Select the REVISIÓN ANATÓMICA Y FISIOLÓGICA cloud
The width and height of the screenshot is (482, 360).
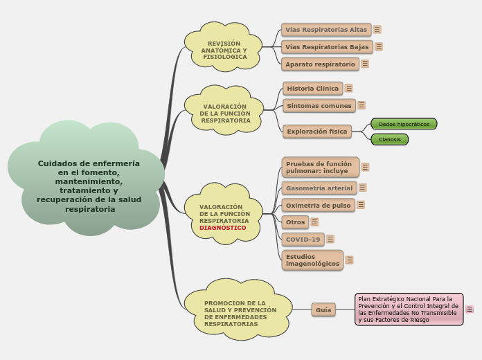pos(224,51)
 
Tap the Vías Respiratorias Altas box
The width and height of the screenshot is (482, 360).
pos(326,30)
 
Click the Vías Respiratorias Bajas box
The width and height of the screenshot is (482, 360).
pos(327,47)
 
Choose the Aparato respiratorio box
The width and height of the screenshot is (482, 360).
pos(320,64)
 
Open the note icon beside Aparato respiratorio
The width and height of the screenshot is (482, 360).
pos(365,64)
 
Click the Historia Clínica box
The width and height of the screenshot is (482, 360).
pos(313,89)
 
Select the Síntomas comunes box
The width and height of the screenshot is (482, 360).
pos(319,106)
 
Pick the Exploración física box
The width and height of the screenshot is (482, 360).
pos(316,131)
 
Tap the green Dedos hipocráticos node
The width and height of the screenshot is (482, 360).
pos(404,124)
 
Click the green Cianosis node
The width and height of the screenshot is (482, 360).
pos(390,140)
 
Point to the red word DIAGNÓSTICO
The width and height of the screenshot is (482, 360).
pos(222,228)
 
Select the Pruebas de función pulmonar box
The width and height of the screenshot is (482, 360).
pos(320,168)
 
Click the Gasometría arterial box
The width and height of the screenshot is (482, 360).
pos(319,188)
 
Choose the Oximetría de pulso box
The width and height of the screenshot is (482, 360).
pos(318,205)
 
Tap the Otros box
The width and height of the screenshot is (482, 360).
pos(295,222)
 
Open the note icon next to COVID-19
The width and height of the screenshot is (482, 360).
pos(330,239)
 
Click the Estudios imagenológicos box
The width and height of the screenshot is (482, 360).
pos(312,260)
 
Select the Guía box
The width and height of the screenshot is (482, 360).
pos(323,310)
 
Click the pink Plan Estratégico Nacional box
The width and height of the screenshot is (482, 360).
pos(409,309)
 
